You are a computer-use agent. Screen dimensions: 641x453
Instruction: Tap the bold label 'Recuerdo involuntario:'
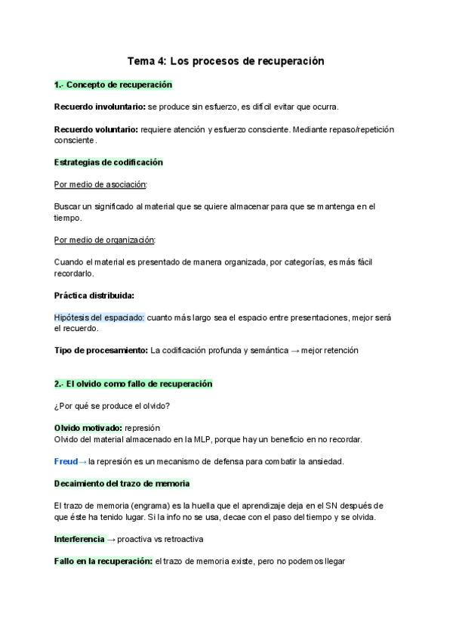[100, 107]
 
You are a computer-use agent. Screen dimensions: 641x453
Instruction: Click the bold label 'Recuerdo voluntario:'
[96, 129]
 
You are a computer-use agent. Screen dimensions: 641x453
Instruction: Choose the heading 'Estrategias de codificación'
[109, 162]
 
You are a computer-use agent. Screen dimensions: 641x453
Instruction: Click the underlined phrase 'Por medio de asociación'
[100, 184]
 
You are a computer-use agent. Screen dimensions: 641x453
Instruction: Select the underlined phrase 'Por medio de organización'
[104, 240]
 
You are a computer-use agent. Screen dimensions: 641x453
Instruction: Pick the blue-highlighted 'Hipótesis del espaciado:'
[99, 317]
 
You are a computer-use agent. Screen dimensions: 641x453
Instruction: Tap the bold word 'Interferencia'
[79, 539]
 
